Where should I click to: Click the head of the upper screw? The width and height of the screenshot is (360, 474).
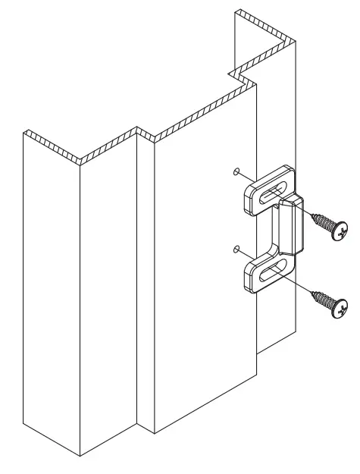click(341, 229)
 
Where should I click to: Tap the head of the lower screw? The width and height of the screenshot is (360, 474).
click(343, 309)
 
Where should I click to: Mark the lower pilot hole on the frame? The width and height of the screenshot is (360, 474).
click(236, 247)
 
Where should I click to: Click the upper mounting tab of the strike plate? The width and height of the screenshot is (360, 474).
click(258, 191)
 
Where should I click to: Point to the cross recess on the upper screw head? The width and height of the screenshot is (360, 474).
click(343, 229)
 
